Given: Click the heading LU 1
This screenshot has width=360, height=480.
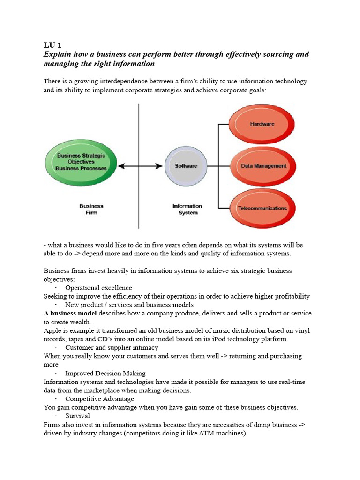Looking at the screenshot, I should point(52,45).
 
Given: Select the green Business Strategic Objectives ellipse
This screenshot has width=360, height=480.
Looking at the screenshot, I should point(81,162).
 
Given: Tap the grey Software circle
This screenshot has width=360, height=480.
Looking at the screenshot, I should point(186,166).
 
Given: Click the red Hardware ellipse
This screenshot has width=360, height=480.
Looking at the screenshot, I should point(262,124).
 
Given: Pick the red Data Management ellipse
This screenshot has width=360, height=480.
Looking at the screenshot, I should point(263,166).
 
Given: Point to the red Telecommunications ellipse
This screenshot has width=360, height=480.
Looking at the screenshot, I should point(262,208).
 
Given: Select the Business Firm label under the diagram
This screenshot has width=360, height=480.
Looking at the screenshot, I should point(91,209).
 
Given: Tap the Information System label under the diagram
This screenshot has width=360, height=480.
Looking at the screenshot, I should point(187,209).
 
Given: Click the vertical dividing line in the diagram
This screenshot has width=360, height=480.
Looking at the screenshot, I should point(139,141).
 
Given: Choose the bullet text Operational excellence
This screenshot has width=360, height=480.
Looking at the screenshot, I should point(98,288).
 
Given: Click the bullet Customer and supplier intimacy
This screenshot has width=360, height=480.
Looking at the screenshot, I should point(112,347).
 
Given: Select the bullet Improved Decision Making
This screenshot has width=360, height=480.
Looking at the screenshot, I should point(105,373).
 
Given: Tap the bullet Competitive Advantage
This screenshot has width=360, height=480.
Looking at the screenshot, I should point(99,399).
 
